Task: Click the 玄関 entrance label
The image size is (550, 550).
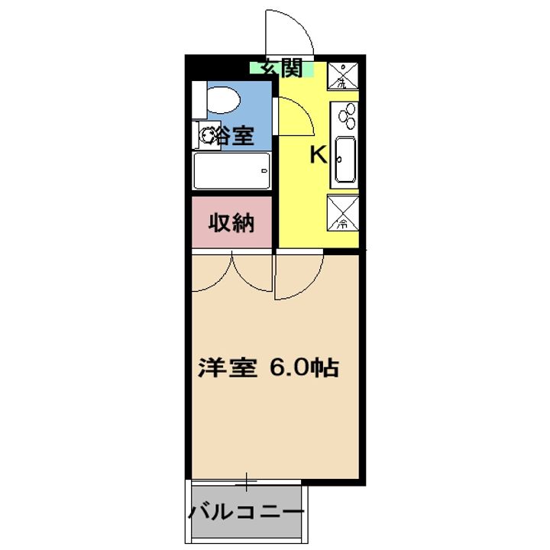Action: tap(281, 68)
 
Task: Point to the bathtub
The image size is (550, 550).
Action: tap(231, 171)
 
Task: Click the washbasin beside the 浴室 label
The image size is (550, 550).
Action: tap(207, 136)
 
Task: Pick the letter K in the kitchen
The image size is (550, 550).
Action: tap(317, 155)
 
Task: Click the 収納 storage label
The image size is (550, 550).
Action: tap(231, 224)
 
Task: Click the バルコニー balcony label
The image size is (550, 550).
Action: tap(247, 510)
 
